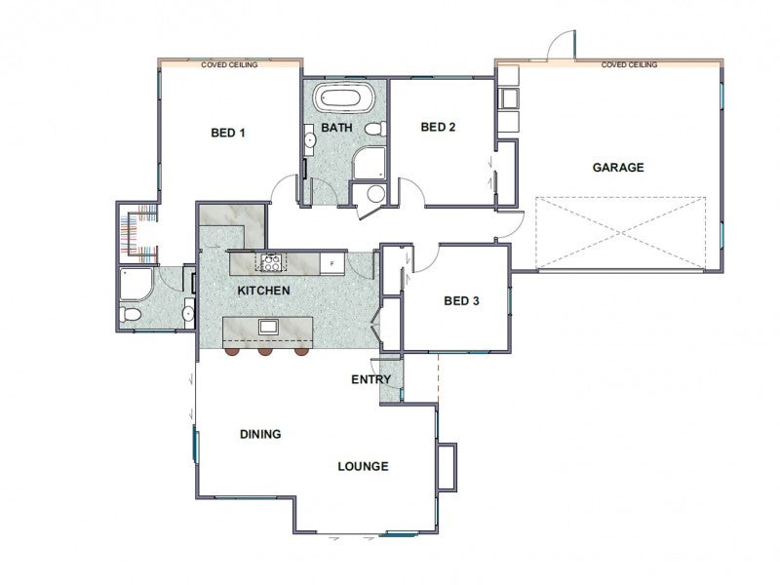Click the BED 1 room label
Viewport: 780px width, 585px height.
pyautogui.click(x=228, y=133)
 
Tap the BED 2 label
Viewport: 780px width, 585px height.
pyautogui.click(x=438, y=127)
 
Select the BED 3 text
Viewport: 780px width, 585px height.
pyautogui.click(x=461, y=301)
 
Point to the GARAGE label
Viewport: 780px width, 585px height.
pyautogui.click(x=618, y=167)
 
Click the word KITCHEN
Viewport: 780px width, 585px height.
pyautogui.click(x=263, y=291)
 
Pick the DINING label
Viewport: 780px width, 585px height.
pyautogui.click(x=260, y=434)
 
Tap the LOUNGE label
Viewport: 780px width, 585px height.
pyautogui.click(x=363, y=467)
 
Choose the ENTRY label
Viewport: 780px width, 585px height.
pyautogui.click(x=371, y=379)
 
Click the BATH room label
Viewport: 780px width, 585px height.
pyautogui.click(x=336, y=128)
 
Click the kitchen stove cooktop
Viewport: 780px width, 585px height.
pyautogui.click(x=271, y=262)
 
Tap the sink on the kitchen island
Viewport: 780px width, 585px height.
pyautogui.click(x=268, y=327)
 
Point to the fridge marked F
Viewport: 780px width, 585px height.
pyautogui.click(x=331, y=263)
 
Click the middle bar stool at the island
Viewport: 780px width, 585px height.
pyautogui.click(x=265, y=352)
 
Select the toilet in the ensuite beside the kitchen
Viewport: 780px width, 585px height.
pyautogui.click(x=130, y=314)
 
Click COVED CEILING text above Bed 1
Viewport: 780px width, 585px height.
pyautogui.click(x=229, y=64)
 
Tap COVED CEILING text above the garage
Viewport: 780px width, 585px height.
pyautogui.click(x=629, y=64)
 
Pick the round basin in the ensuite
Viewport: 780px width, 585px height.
pyautogui.click(x=188, y=313)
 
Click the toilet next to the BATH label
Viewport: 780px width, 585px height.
pyautogui.click(x=375, y=129)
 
